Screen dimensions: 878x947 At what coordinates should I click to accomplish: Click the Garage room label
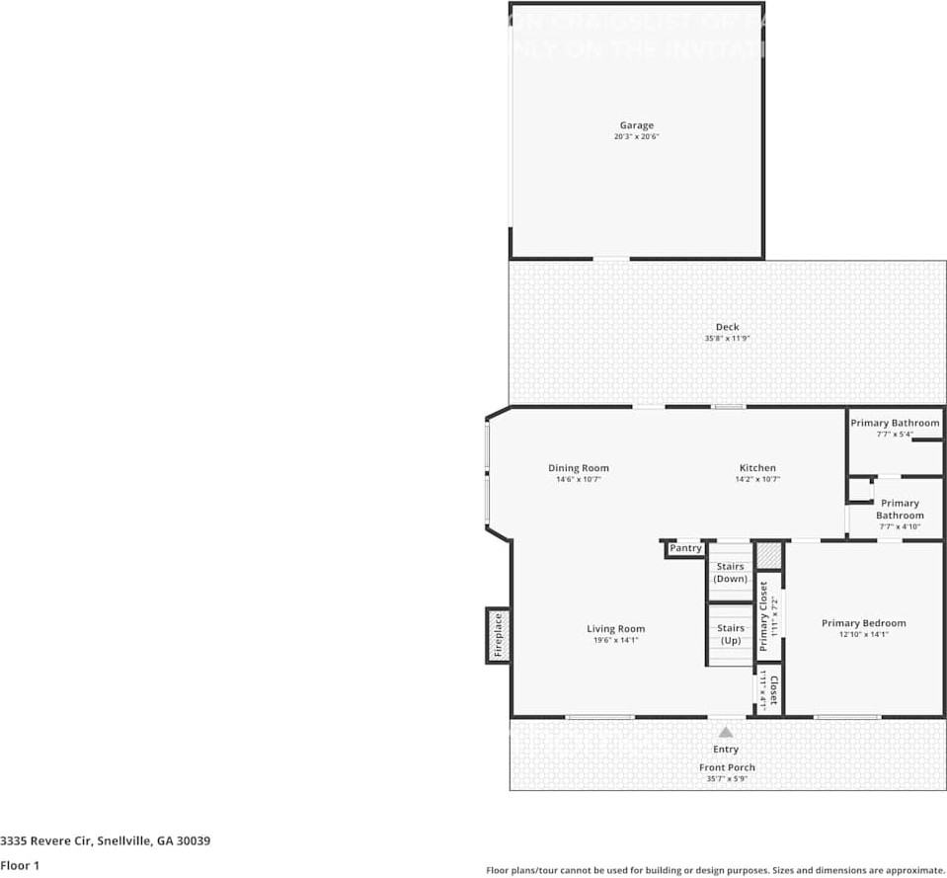click(636, 125)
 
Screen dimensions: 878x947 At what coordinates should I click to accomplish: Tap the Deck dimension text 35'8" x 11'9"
click(727, 339)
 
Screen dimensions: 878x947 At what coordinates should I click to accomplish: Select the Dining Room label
click(579, 468)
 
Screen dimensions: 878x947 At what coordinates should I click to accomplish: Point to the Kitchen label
click(757, 468)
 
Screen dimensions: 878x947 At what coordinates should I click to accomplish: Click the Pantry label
click(685, 548)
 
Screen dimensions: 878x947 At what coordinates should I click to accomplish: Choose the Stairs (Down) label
click(730, 573)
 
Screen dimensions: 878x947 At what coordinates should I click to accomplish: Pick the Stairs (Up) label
click(730, 634)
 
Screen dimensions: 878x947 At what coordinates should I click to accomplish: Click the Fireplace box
click(498, 635)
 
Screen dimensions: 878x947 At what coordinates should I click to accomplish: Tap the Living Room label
click(615, 628)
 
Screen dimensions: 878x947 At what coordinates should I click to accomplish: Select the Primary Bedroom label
click(863, 623)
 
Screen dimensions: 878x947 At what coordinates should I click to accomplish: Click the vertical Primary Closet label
click(763, 615)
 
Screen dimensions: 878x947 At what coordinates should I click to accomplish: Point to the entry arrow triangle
click(726, 733)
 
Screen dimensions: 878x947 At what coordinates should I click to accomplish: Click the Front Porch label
click(727, 767)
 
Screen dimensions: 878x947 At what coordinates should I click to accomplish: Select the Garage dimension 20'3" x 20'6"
click(636, 137)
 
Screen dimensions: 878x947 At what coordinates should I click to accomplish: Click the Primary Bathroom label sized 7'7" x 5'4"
click(895, 423)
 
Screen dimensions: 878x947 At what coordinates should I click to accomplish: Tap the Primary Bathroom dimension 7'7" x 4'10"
click(900, 527)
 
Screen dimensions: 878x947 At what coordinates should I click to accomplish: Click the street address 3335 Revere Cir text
click(105, 841)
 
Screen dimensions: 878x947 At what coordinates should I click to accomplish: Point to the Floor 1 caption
click(20, 865)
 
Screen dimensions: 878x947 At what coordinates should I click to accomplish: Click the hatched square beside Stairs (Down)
click(768, 555)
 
